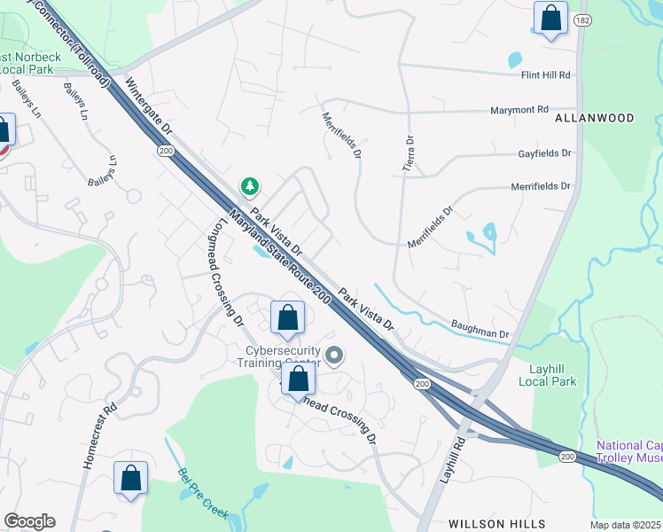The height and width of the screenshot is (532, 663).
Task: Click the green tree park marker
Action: (x=251, y=186)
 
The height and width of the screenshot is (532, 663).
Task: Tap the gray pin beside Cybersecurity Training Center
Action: (x=334, y=356)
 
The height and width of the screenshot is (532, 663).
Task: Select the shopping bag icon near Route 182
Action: (x=550, y=18)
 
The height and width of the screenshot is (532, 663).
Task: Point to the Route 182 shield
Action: (x=581, y=19)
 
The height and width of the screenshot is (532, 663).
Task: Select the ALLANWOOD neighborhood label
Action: (x=595, y=118)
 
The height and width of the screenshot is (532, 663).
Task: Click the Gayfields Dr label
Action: (x=545, y=153)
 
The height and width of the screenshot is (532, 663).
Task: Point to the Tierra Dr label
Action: (x=409, y=154)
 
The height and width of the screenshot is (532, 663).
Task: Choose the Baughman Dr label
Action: (x=480, y=329)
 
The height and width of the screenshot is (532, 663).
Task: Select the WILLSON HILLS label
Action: (x=496, y=524)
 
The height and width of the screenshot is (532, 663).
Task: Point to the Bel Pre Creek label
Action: (x=204, y=493)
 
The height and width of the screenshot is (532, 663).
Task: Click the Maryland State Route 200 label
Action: (x=278, y=258)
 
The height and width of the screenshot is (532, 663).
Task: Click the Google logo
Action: (x=29, y=521)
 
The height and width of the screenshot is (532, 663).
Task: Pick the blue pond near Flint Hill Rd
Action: (x=515, y=61)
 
